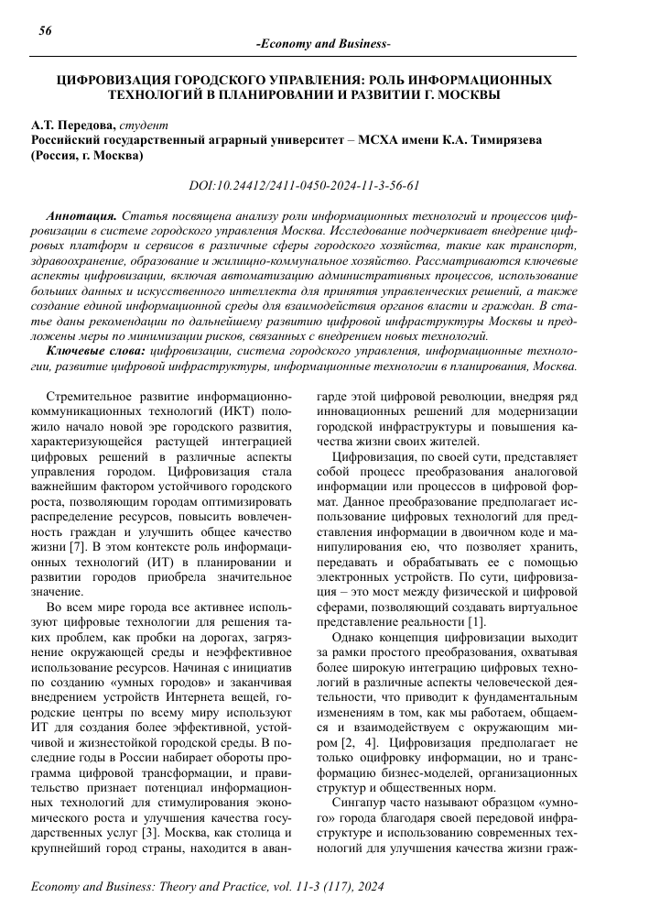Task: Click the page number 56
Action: (44, 31)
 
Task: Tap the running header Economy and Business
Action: (324, 45)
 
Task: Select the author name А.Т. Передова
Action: (70, 125)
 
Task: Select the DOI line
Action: (304, 185)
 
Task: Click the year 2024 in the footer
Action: (367, 888)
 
